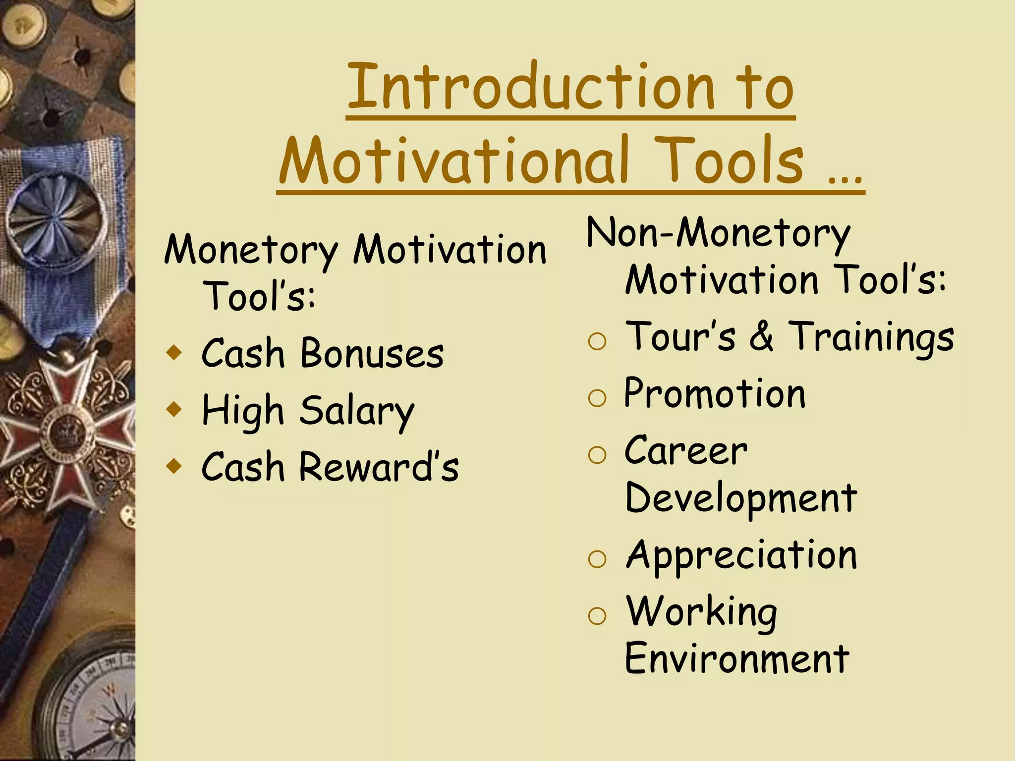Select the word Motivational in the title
coord(454,160)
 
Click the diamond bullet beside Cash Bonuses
coord(174,353)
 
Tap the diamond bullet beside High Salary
coord(174,410)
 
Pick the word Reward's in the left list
coord(379,467)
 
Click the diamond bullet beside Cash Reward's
coord(174,466)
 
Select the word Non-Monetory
coord(718,233)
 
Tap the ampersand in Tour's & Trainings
coord(761,336)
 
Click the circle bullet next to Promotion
coord(597,397)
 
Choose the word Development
coord(741,498)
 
